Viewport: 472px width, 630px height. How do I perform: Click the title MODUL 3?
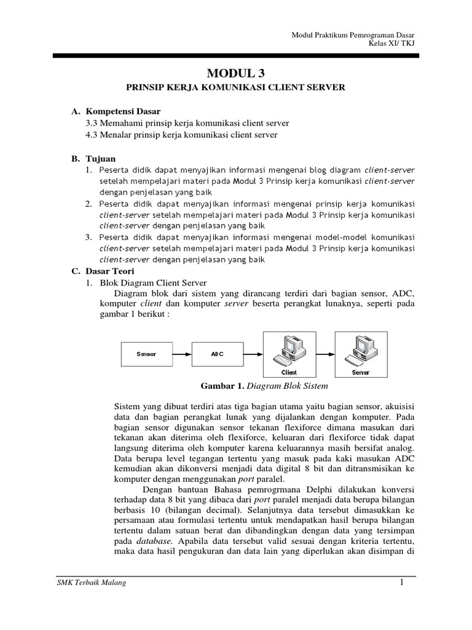(x=235, y=73)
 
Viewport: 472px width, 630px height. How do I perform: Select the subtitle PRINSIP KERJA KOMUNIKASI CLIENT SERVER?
(x=235, y=88)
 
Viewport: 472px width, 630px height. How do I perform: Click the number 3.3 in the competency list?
(x=93, y=123)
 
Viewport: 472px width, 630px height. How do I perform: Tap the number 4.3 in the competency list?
(x=93, y=135)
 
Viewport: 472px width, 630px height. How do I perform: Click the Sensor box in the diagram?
(x=146, y=354)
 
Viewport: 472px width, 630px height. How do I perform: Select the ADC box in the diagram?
(x=218, y=354)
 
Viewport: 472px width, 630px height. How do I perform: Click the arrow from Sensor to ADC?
(x=182, y=354)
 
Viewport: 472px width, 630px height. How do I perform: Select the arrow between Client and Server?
(x=324, y=354)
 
